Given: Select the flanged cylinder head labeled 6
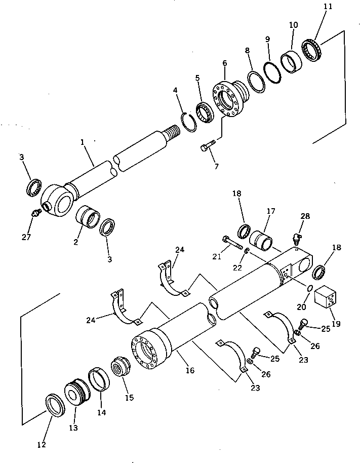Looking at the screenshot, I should point(231,101).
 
